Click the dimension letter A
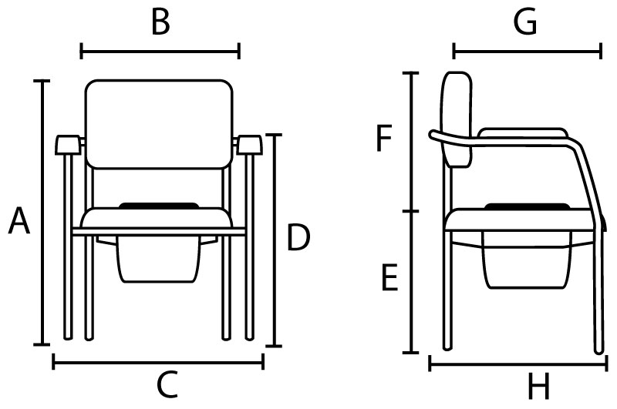point(19,221)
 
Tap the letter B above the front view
point(160,22)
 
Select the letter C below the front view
point(167,384)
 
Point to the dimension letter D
point(298,237)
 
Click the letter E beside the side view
point(390,278)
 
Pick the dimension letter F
point(384,138)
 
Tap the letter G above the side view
point(525,22)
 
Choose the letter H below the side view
point(538,385)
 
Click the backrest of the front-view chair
point(159,124)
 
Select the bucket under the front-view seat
point(159,260)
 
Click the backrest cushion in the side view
point(457,119)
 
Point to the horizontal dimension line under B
point(160,51)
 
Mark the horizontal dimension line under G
point(528,51)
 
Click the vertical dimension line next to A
point(42,213)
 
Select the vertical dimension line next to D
point(274,240)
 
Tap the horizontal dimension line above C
point(158,362)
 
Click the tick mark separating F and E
point(411,211)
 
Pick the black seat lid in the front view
point(159,206)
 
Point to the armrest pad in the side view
point(523,132)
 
